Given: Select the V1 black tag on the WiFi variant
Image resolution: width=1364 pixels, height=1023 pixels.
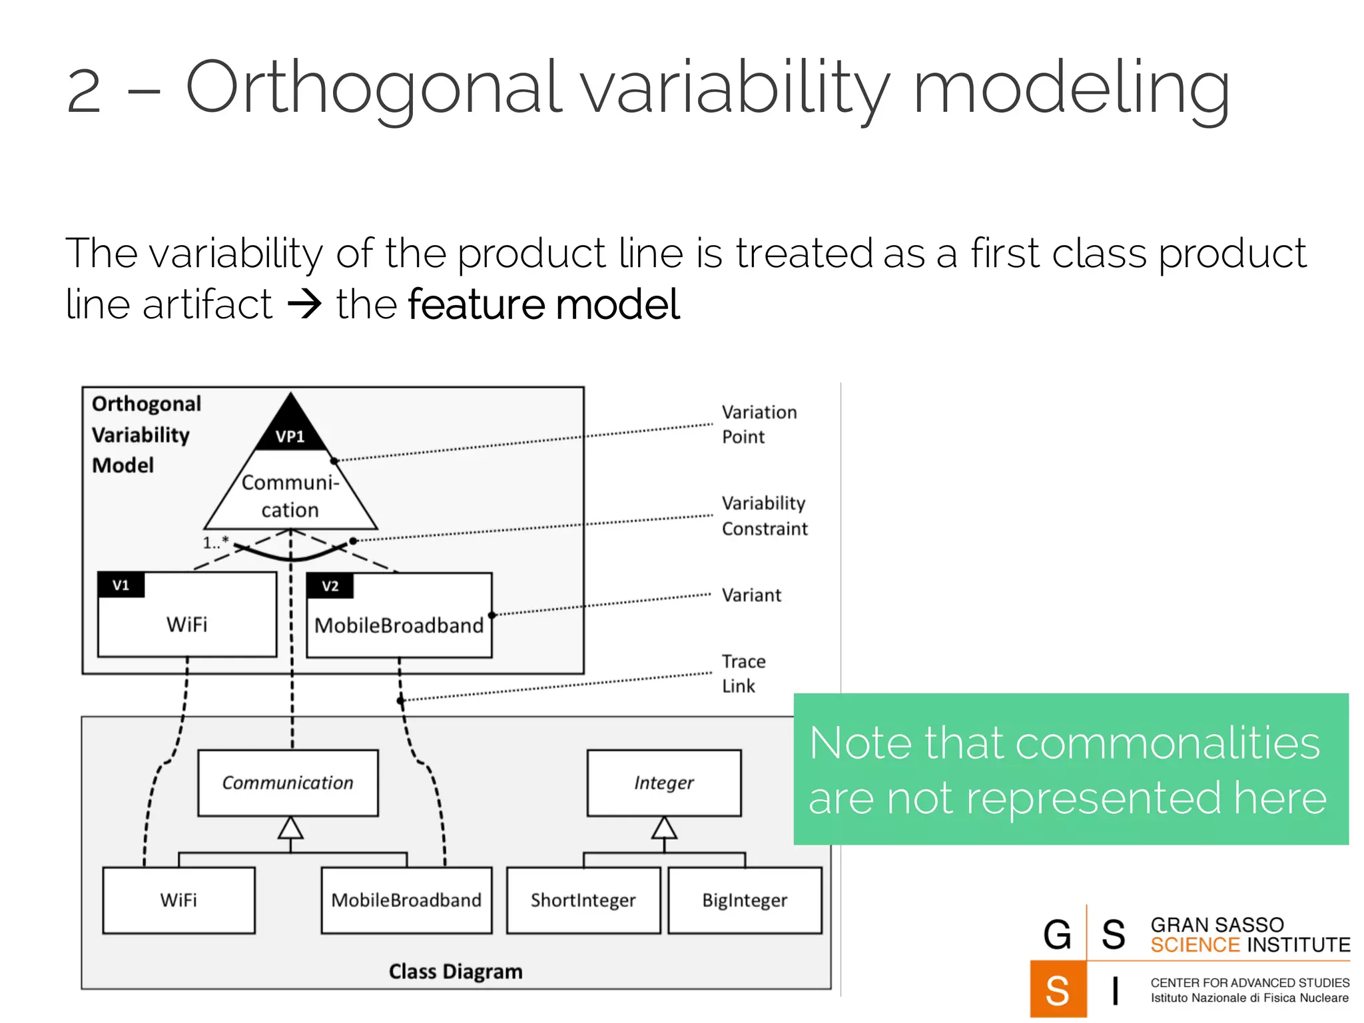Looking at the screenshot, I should tap(121, 585).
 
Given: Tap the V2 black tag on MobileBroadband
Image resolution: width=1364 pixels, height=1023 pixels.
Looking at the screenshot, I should tap(330, 586).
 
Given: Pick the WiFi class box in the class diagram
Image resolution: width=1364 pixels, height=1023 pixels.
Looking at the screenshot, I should tap(178, 900).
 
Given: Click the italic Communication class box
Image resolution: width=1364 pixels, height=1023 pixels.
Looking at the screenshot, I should tap(288, 783).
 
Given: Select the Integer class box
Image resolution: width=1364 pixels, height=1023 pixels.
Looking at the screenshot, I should tap(663, 783).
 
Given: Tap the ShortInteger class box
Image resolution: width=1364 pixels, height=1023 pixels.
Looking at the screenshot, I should tap(583, 900).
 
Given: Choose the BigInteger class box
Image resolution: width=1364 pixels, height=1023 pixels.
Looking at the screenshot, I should tap(745, 900).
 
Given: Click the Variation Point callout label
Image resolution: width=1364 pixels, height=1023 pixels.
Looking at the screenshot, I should tap(759, 424).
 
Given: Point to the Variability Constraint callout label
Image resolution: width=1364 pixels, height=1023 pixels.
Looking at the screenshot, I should tap(764, 515).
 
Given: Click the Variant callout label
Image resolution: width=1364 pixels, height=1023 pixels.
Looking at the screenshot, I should tap(751, 595).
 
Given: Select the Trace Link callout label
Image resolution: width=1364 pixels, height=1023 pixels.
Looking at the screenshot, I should tap(743, 673).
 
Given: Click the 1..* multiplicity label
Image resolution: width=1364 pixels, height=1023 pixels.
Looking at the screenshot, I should tap(215, 542).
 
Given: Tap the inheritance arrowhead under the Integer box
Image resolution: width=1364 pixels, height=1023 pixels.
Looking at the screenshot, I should tap(664, 828).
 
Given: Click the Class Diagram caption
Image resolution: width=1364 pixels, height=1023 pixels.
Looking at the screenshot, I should tap(456, 971).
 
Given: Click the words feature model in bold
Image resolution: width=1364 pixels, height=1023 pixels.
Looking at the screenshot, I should tap(543, 304).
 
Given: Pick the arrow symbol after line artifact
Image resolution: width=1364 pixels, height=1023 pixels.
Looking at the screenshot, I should tap(304, 305).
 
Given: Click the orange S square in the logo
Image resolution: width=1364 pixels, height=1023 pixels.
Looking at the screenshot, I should tap(1057, 990).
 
